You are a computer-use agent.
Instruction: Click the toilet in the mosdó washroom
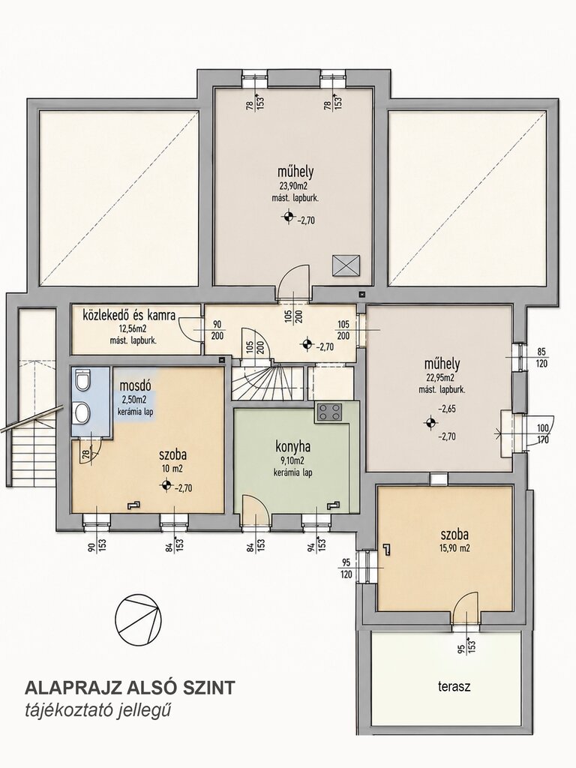point(82,380)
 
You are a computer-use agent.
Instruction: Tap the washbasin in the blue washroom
point(82,412)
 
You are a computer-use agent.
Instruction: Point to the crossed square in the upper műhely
point(346,265)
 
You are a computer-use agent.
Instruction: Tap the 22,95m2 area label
point(442,378)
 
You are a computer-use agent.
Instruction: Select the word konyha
point(293,447)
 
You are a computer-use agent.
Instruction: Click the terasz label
point(454,686)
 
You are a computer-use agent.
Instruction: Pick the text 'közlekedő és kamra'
point(129,314)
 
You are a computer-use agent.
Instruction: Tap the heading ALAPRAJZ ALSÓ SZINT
point(130,687)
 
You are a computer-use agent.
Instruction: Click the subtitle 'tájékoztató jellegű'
point(98,710)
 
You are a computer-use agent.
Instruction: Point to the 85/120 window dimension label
point(541,358)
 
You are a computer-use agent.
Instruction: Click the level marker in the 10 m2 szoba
point(166,485)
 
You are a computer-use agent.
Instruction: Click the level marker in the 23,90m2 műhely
point(289,216)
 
